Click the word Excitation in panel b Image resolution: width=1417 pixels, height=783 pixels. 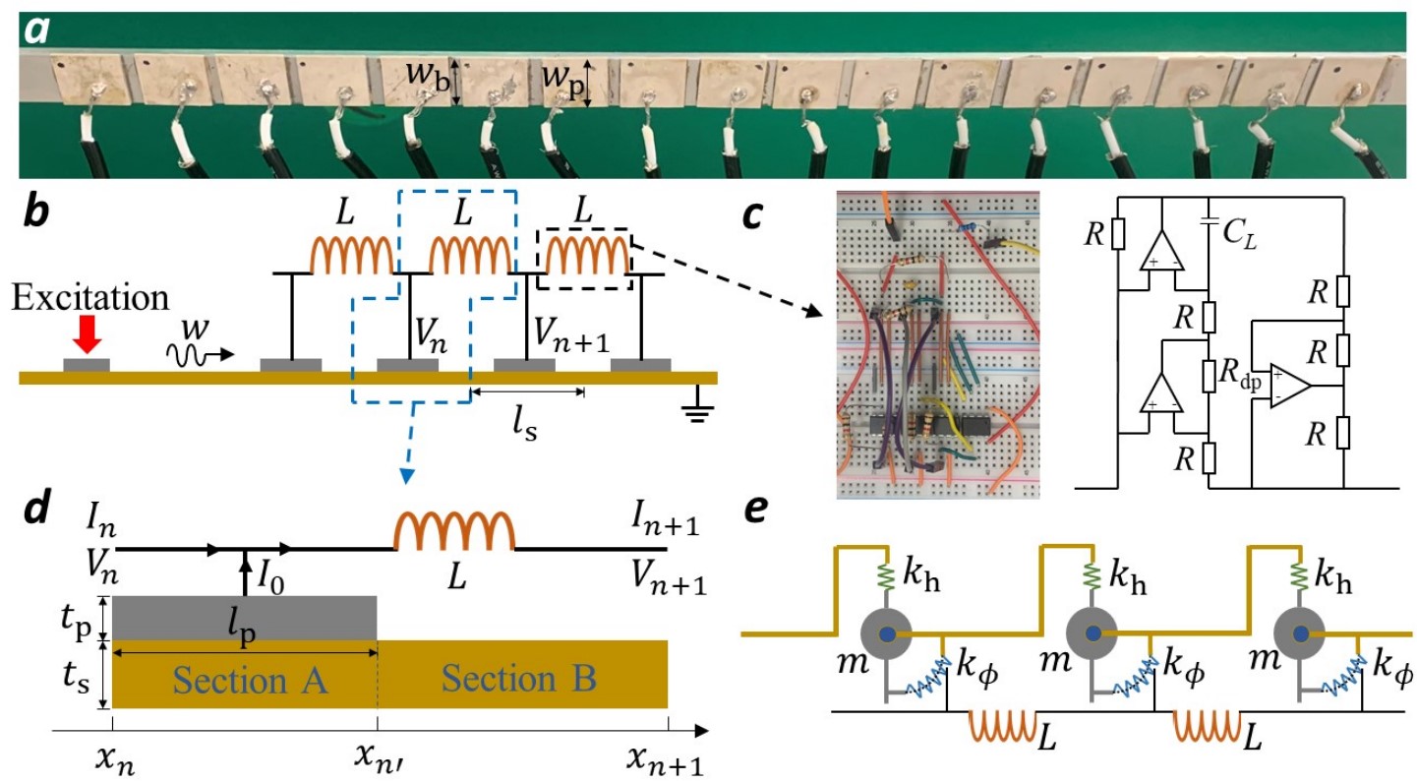click(x=90, y=296)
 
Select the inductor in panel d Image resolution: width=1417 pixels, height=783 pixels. click(x=453, y=532)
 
